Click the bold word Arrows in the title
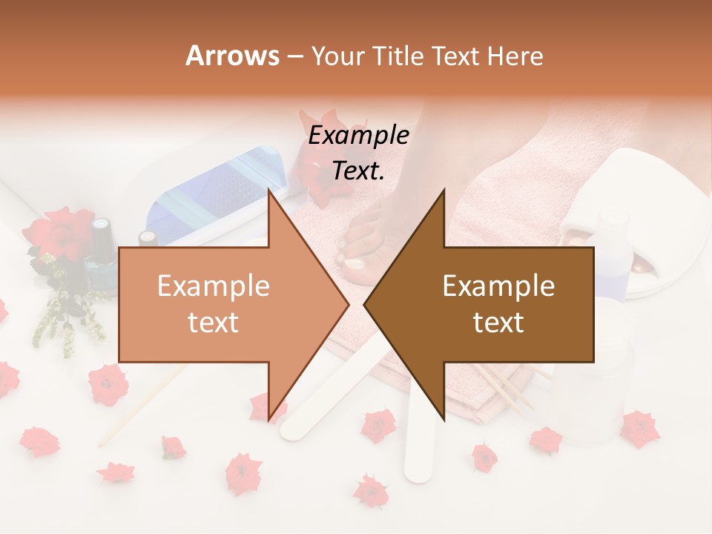point(232,56)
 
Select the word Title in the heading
point(397,56)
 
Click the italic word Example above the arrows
point(359,136)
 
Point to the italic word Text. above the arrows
point(359,171)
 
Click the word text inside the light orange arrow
point(214,323)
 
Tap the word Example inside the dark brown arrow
point(498,286)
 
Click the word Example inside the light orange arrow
point(214,286)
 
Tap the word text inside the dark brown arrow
point(498,323)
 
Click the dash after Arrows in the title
point(294,56)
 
